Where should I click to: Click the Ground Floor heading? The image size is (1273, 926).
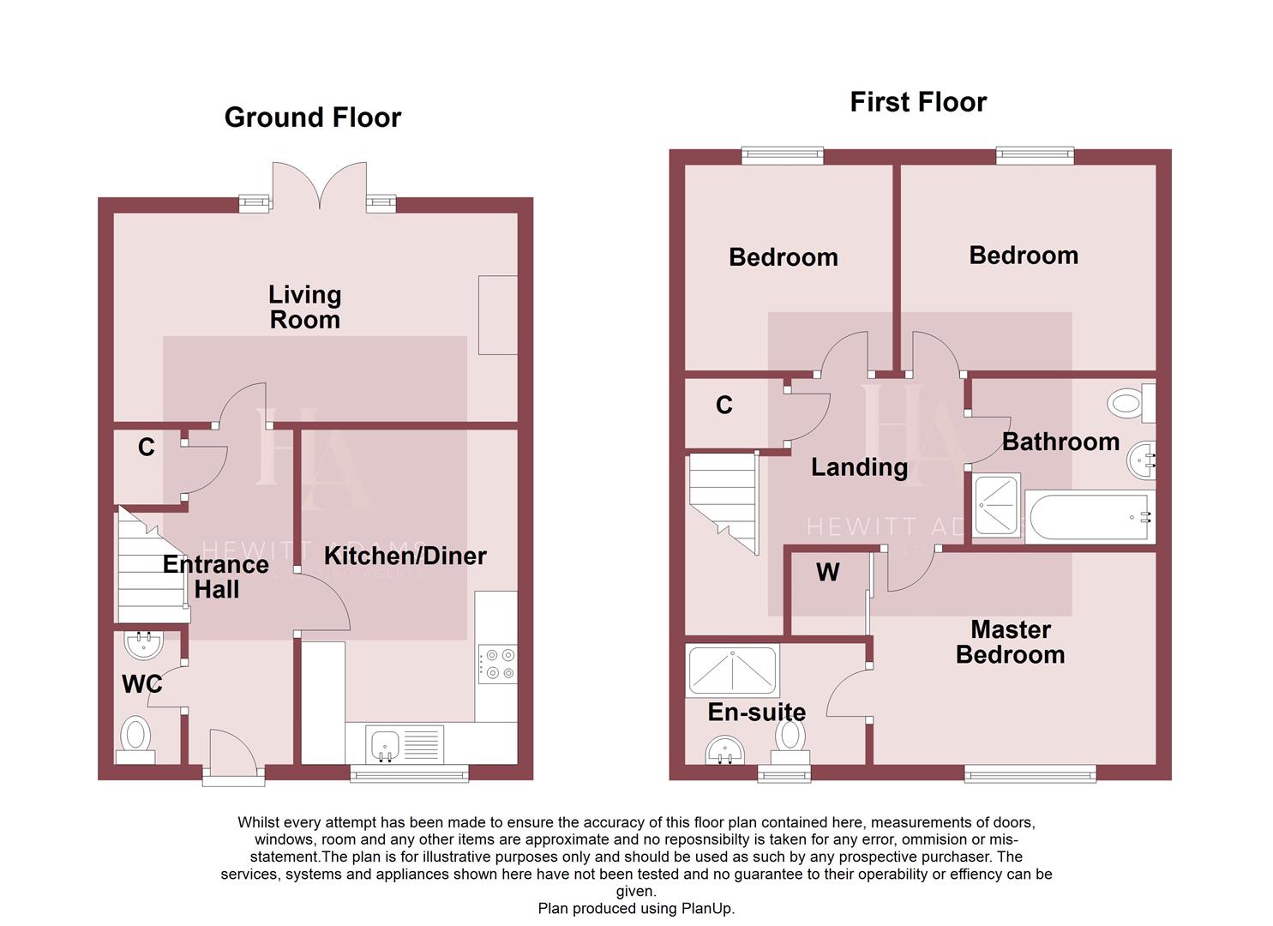pyautogui.click(x=312, y=117)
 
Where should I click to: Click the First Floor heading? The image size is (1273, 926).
pyautogui.click(x=917, y=102)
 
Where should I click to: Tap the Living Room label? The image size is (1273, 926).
pyautogui.click(x=304, y=307)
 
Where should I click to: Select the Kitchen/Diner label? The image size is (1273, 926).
pyautogui.click(x=405, y=556)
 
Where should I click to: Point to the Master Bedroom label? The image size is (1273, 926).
pyautogui.click(x=1010, y=642)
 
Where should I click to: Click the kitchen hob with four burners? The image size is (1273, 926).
pyautogui.click(x=497, y=664)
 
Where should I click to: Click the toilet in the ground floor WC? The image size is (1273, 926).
pyautogui.click(x=135, y=738)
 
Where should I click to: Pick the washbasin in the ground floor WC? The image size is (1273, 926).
pyautogui.click(x=144, y=644)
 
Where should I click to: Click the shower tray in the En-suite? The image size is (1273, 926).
pyautogui.click(x=732, y=670)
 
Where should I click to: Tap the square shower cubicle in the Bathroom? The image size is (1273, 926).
pyautogui.click(x=997, y=504)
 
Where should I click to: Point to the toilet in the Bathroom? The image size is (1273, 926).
pyautogui.click(x=1131, y=402)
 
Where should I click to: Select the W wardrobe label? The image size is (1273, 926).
pyautogui.click(x=827, y=573)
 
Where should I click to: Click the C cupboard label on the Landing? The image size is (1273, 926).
pyautogui.click(x=724, y=406)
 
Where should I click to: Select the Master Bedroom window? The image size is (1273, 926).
pyautogui.click(x=1030, y=774)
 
